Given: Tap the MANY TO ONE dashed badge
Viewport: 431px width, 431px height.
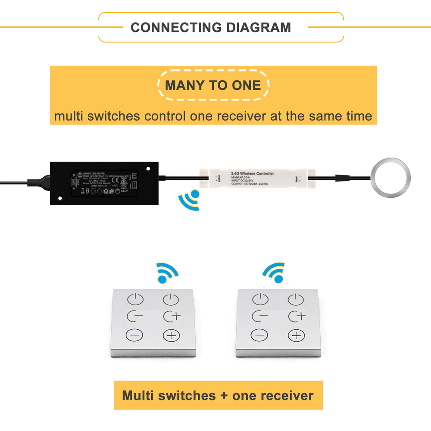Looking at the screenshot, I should (213, 85).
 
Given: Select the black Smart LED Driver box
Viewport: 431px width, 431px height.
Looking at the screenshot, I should (105, 183).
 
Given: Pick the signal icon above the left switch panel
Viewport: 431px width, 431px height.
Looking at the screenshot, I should (168, 272).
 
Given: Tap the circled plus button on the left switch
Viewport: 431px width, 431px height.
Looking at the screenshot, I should (171, 335).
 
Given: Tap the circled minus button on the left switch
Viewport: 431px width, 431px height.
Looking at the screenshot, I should (134, 335).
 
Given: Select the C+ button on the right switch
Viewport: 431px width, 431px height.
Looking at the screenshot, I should (297, 316).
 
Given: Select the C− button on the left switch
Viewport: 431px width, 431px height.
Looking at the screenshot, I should (134, 317).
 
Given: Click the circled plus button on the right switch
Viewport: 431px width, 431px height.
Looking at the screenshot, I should (296, 335).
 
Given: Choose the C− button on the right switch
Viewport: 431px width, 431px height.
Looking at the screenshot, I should (260, 317).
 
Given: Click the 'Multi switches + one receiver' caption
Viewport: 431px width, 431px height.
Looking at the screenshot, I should (218, 395).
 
